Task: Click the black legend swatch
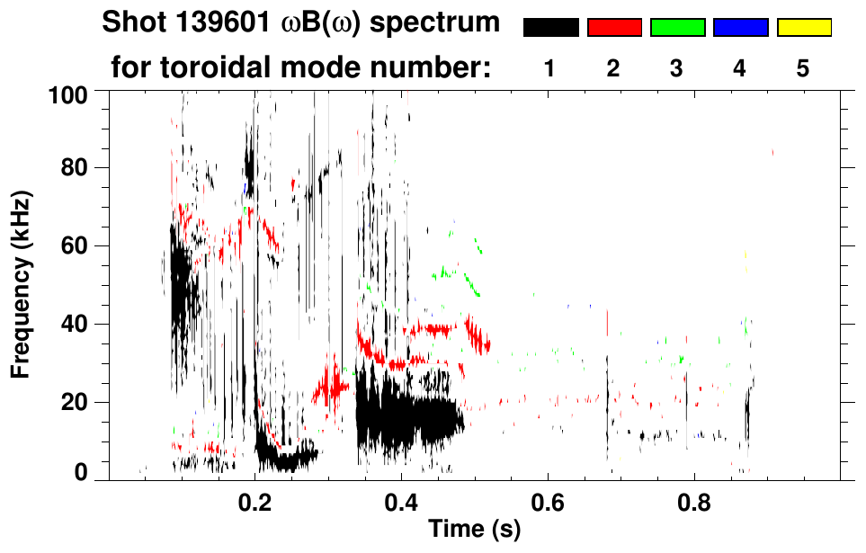(x=551, y=28)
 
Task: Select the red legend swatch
(x=614, y=28)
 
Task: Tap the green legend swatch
(x=677, y=28)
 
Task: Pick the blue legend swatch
(x=740, y=28)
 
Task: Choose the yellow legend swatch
(x=803, y=28)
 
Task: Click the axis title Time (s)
(x=474, y=531)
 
